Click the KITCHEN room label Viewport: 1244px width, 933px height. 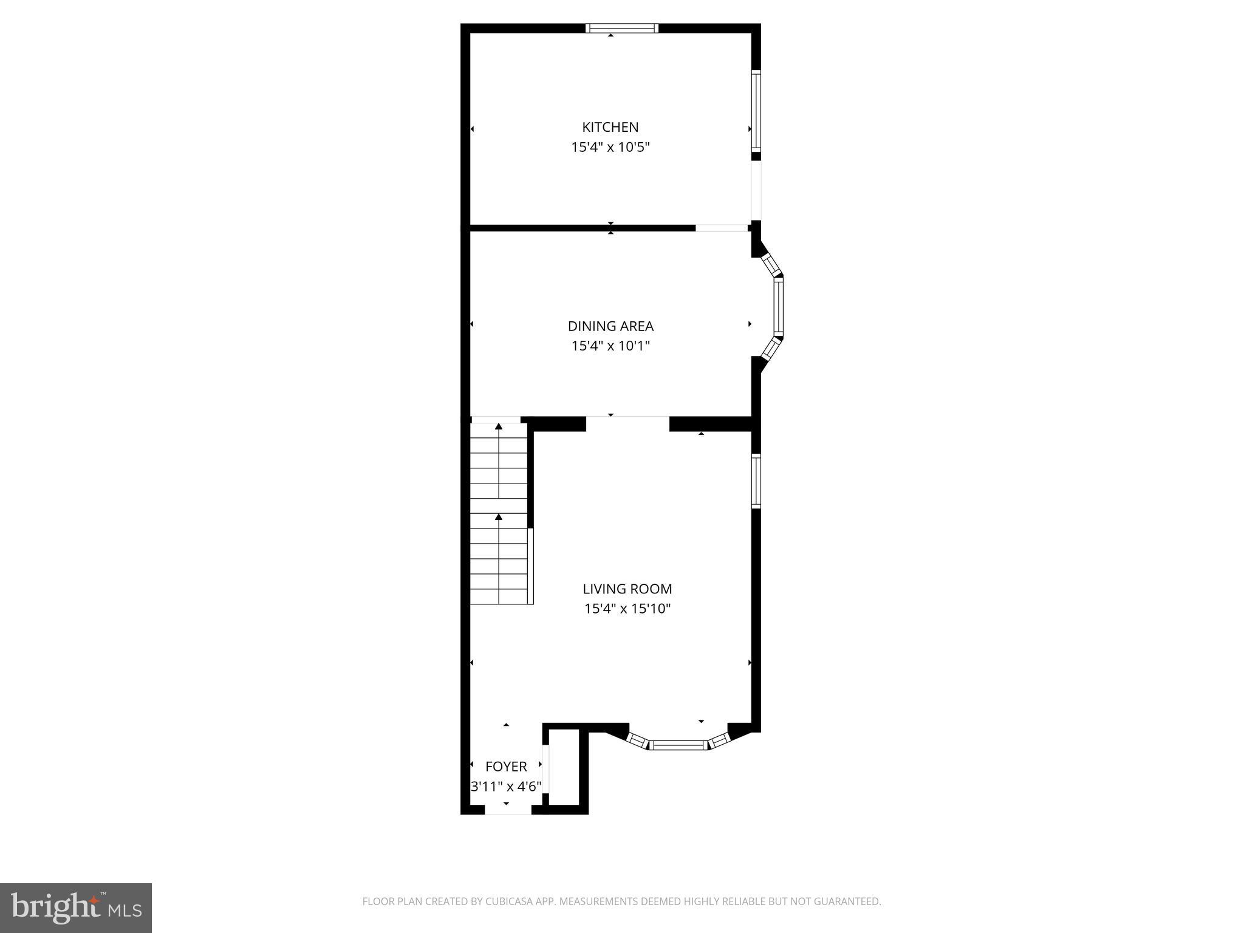coord(610,127)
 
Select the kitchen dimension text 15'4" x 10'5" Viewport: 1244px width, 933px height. coord(610,147)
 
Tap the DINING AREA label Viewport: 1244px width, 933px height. coord(610,326)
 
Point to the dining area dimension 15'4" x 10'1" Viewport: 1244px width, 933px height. coord(610,346)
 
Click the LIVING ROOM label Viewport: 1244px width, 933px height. coord(627,589)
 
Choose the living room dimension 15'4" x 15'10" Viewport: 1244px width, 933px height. coord(627,609)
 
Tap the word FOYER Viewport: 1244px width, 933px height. coord(506,767)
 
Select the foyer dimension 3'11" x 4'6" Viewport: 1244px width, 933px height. coord(506,787)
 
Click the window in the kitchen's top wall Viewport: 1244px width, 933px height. coord(621,28)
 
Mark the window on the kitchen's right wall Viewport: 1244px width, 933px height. coord(756,111)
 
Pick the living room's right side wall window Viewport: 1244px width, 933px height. coord(756,481)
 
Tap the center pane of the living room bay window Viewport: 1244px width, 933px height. coord(678,745)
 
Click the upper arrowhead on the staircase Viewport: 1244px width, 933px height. coord(499,426)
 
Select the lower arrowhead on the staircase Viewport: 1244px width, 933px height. coord(499,517)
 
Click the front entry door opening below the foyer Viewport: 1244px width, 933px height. coord(508,810)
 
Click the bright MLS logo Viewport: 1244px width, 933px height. coord(76,908)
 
